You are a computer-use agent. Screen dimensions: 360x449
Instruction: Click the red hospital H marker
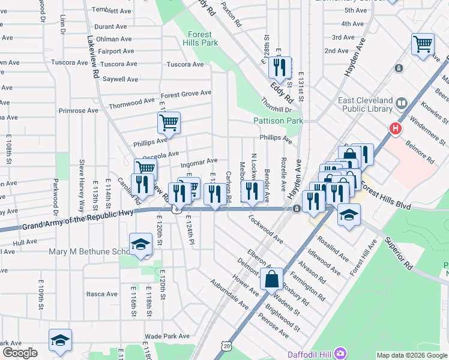click(x=395, y=128)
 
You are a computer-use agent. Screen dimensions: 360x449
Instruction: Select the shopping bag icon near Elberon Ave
click(x=272, y=278)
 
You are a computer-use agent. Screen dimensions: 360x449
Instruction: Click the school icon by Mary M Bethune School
click(x=140, y=244)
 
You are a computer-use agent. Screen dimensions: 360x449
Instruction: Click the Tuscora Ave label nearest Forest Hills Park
click(x=185, y=64)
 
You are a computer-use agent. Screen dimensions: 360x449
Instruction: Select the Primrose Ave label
click(x=78, y=110)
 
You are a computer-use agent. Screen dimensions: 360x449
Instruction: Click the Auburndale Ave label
click(x=229, y=293)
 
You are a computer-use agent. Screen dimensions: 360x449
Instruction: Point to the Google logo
click(x=20, y=353)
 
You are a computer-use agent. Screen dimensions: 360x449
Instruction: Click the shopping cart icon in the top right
click(x=423, y=44)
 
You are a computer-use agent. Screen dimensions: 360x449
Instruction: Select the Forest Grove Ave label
click(x=185, y=93)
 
